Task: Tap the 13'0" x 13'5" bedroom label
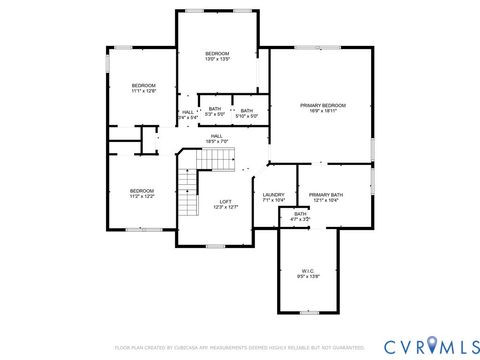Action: coord(217,56)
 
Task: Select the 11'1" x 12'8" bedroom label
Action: coord(144,89)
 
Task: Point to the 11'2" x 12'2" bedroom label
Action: coord(141,193)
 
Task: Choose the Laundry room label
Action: coord(273,197)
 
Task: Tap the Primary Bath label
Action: coord(326,197)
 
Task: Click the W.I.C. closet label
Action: coord(308,273)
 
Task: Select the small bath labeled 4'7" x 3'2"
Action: coord(300,216)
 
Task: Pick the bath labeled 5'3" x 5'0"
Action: coord(214,113)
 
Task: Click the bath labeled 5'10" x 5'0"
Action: coord(246,113)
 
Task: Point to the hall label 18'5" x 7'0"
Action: coord(217,139)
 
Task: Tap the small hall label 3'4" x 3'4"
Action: coord(187,115)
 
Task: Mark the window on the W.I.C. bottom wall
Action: coord(308,315)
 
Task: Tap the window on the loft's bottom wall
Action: coord(215,246)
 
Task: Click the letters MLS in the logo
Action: coord(456,345)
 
